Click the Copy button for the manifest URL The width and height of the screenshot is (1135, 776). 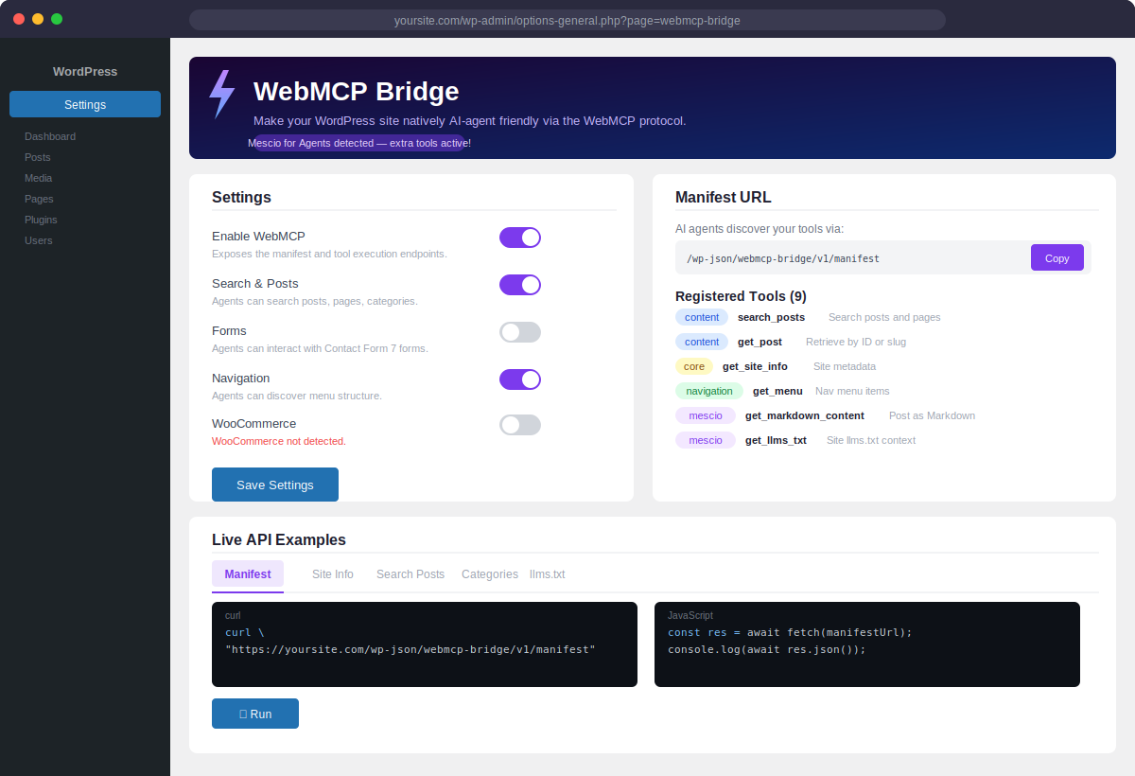click(1056, 257)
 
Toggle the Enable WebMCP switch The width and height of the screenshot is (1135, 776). click(520, 238)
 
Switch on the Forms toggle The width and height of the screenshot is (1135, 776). click(520, 332)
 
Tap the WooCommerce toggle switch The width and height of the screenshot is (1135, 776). click(520, 425)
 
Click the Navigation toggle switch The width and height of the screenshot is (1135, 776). click(520, 379)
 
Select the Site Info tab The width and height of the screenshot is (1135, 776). click(333, 574)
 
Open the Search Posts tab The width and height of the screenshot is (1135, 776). click(410, 574)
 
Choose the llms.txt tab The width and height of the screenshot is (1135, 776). click(547, 574)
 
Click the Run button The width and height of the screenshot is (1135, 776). click(255, 714)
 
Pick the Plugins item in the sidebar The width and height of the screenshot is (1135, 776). click(41, 220)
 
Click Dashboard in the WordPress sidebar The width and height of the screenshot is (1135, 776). click(50, 136)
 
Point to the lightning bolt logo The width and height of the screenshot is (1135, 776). click(221, 94)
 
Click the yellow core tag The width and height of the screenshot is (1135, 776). click(694, 366)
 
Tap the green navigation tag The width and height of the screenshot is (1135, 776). click(709, 391)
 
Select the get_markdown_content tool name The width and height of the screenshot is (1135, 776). click(805, 415)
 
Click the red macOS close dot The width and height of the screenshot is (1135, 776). click(19, 19)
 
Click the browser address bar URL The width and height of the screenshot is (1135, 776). click(567, 20)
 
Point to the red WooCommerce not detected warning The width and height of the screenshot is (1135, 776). click(279, 441)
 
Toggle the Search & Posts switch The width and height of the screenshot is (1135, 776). click(520, 285)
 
